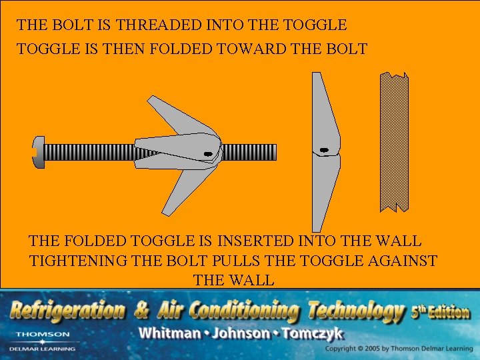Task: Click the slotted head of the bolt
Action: [39, 152]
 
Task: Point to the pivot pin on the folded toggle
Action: [208, 154]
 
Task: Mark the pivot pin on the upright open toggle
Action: [323, 150]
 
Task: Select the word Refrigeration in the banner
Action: [68, 310]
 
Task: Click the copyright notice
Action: [398, 349]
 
